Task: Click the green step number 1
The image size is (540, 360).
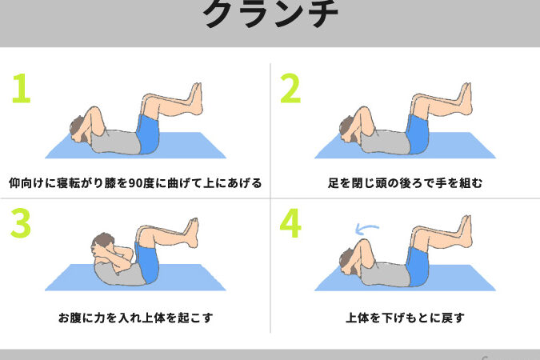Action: coord(22,88)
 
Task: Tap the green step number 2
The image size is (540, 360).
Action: coord(290,88)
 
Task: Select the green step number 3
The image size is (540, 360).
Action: coord(21,222)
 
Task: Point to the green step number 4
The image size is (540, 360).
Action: coord(290,223)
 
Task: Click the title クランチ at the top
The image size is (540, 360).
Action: coord(270,14)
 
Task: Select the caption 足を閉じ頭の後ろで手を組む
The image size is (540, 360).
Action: coord(405,183)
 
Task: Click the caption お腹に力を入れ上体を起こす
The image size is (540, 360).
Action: coord(136,318)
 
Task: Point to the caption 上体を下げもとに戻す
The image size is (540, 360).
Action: coord(405,318)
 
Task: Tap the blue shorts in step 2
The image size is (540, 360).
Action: coord(417,134)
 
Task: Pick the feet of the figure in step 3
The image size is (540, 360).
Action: coord(191,233)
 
